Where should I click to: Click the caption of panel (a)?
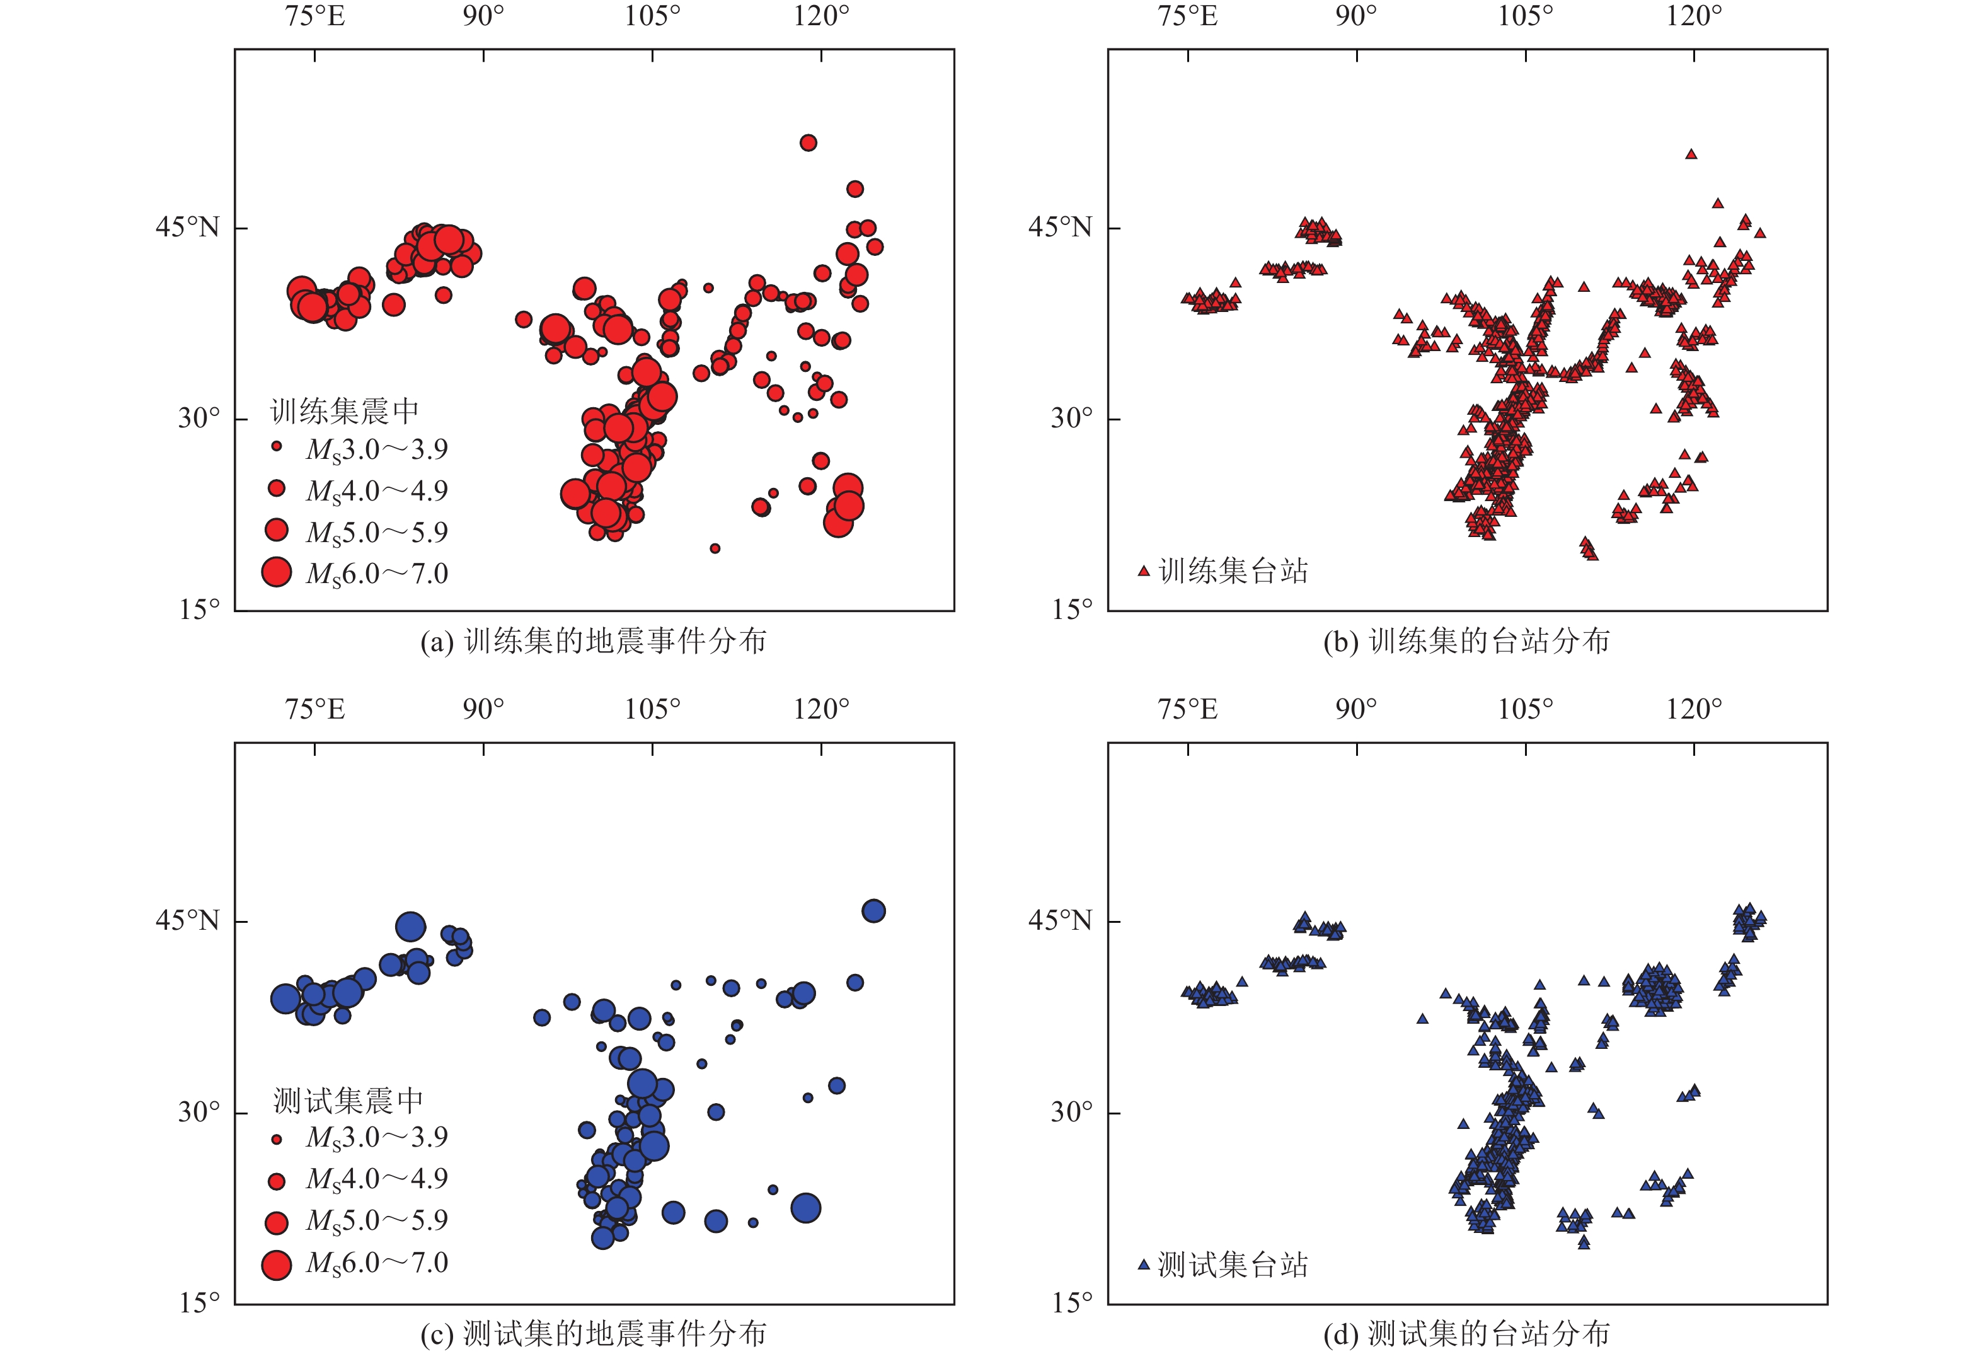point(593,640)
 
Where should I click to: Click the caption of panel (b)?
point(1466,640)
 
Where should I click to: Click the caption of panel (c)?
point(593,1333)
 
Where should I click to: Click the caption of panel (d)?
point(1466,1333)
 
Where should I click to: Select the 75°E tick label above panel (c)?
point(315,709)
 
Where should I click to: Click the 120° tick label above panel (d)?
point(1694,709)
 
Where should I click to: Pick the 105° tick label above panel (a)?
point(653,16)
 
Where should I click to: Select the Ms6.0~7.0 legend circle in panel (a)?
point(277,572)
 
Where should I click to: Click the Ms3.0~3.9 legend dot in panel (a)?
point(277,446)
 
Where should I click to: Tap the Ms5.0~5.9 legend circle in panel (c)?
point(277,1222)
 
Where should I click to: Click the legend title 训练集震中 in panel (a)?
point(344,412)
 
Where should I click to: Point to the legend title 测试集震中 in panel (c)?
point(348,1101)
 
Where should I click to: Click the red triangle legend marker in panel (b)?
point(1144,570)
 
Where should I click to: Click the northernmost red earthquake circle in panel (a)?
point(808,142)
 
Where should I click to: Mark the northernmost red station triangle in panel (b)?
point(1691,154)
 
